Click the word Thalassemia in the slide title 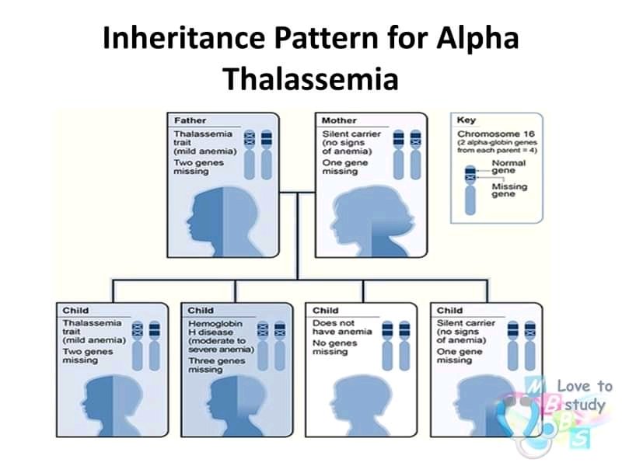pyautogui.click(x=310, y=78)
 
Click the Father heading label pyautogui.click(x=190, y=121)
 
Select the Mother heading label pyautogui.click(x=339, y=121)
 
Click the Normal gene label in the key pyautogui.click(x=509, y=167)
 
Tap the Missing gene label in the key pyautogui.click(x=509, y=190)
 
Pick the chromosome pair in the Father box pyautogui.click(x=258, y=154)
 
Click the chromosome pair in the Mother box pyautogui.click(x=409, y=154)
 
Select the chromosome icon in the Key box pyautogui.click(x=470, y=189)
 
